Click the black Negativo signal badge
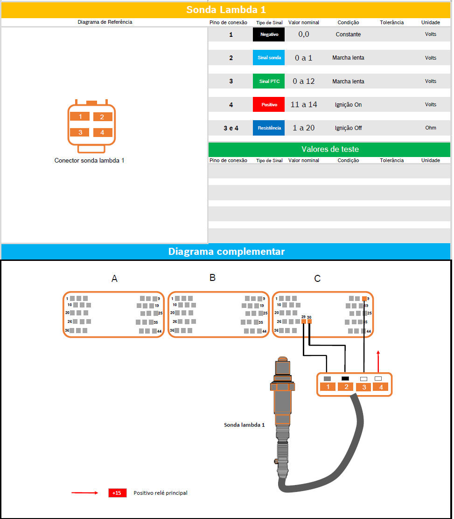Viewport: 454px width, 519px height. pos(269,34)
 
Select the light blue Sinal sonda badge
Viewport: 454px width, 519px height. pos(269,58)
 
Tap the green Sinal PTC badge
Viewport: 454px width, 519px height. pos(269,81)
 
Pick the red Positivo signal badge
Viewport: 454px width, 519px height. pos(269,105)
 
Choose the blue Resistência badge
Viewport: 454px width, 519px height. pos(269,128)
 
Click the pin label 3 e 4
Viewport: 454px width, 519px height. pos(231,128)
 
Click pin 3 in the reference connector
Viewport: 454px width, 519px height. pos(80,132)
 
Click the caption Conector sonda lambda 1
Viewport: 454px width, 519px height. pos(90,161)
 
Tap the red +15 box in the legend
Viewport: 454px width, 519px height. pos(118,493)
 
